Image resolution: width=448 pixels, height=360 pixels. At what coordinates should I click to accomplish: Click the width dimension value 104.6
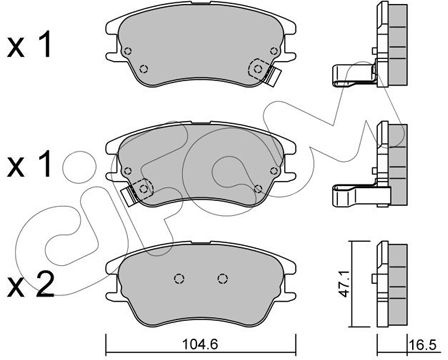[200, 344]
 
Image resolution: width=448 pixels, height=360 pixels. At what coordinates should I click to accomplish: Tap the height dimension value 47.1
[345, 283]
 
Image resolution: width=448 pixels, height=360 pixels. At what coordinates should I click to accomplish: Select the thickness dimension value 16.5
[423, 345]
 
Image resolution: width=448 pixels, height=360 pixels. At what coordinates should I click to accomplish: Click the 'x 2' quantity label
[31, 285]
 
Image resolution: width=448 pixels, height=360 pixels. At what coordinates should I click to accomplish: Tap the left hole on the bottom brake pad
[179, 278]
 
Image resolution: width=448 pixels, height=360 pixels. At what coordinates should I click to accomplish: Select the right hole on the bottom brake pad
[223, 278]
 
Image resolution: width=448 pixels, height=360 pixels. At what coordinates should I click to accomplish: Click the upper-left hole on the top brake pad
[127, 51]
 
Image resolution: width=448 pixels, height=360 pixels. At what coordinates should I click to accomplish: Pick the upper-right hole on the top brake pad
[274, 51]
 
